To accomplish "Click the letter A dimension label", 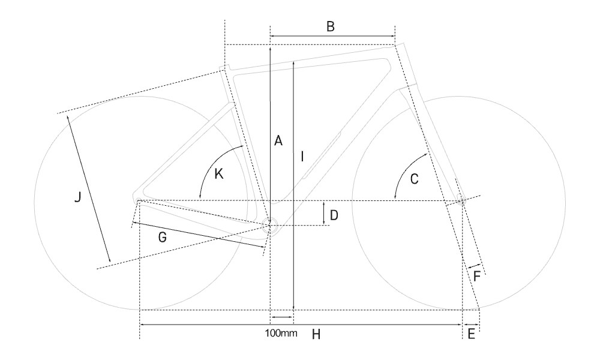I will click(x=277, y=140).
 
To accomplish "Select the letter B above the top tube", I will click(x=330, y=26).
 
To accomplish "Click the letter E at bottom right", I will click(x=471, y=334).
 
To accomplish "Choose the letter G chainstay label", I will click(x=163, y=238).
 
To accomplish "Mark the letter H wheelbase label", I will click(x=316, y=334).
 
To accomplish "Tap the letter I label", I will click(x=303, y=157).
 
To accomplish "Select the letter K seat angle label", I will click(x=218, y=174).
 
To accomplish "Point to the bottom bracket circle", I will click(x=269, y=226).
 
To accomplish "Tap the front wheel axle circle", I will click(x=460, y=200).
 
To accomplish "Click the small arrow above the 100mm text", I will click(x=282, y=316).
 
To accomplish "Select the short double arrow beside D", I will click(x=324, y=214).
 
